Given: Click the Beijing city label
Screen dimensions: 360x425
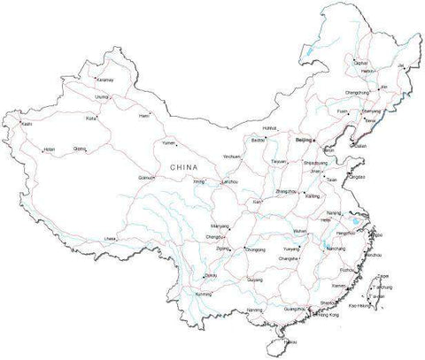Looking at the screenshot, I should click(303, 140).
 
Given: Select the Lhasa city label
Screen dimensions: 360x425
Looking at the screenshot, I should click(110, 239).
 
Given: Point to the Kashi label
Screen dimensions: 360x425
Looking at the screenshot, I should click(27, 124).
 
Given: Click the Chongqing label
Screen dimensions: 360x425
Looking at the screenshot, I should click(254, 249).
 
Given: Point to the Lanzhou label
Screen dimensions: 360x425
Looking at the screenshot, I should click(230, 182).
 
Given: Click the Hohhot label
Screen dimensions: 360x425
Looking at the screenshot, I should click(271, 129).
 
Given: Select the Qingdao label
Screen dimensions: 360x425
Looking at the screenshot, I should click(357, 178).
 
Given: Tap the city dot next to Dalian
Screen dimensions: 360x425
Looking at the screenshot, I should click(352, 146).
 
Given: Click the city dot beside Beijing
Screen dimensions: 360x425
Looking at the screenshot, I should click(317, 141).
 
